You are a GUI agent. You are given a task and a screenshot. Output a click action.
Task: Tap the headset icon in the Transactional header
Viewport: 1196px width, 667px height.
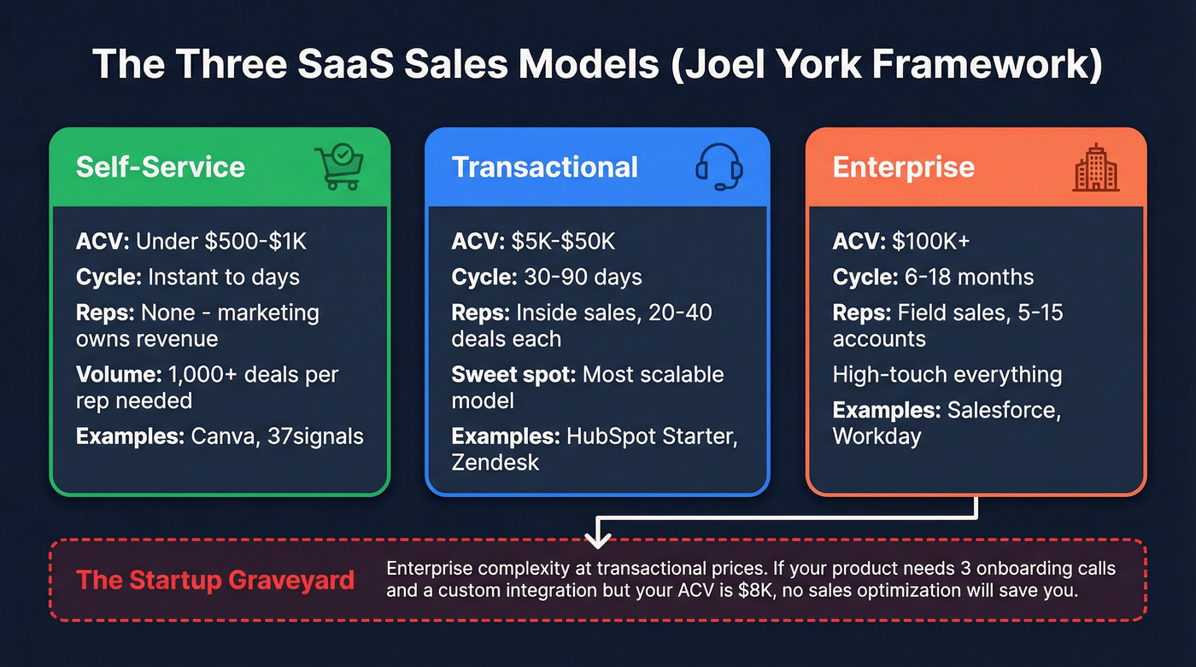[718, 166]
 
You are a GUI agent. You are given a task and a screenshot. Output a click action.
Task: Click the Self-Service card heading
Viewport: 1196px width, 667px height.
[160, 167]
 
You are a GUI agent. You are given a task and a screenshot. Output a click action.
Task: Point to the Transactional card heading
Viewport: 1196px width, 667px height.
[544, 167]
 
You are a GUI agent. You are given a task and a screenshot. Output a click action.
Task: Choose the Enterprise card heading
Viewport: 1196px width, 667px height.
[903, 167]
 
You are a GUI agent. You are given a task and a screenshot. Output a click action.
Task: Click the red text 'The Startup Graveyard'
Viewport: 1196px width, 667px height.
[215, 580]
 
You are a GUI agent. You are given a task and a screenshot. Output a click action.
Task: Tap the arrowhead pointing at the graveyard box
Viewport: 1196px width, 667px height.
[597, 539]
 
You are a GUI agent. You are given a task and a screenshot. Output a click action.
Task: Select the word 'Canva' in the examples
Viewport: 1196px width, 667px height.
[218, 436]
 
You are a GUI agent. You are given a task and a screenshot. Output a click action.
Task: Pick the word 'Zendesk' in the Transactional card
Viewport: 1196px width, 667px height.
[495, 462]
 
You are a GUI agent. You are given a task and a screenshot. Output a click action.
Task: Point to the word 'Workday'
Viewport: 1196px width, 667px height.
[877, 436]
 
